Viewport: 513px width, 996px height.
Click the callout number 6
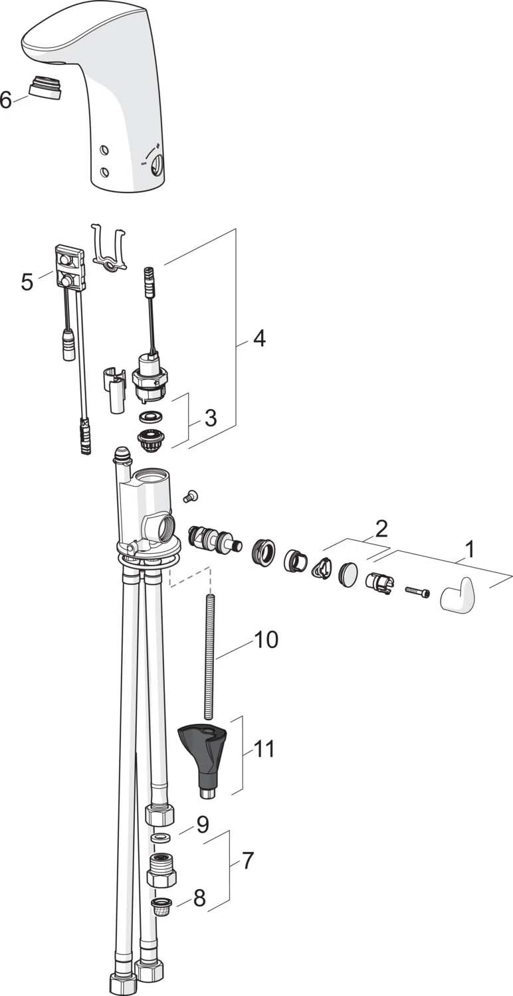[6, 100]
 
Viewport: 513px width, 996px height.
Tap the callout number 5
[27, 282]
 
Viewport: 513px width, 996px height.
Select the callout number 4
[258, 338]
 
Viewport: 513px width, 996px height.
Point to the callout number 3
[210, 418]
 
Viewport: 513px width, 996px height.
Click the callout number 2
[381, 529]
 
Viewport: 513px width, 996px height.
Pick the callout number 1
[470, 550]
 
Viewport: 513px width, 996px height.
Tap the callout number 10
[266, 639]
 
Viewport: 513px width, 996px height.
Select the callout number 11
[264, 748]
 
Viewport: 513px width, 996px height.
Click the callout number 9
[202, 825]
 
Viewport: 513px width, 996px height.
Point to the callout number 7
[247, 861]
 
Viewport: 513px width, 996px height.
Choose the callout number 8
[199, 898]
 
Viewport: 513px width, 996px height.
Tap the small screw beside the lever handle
[417, 590]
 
